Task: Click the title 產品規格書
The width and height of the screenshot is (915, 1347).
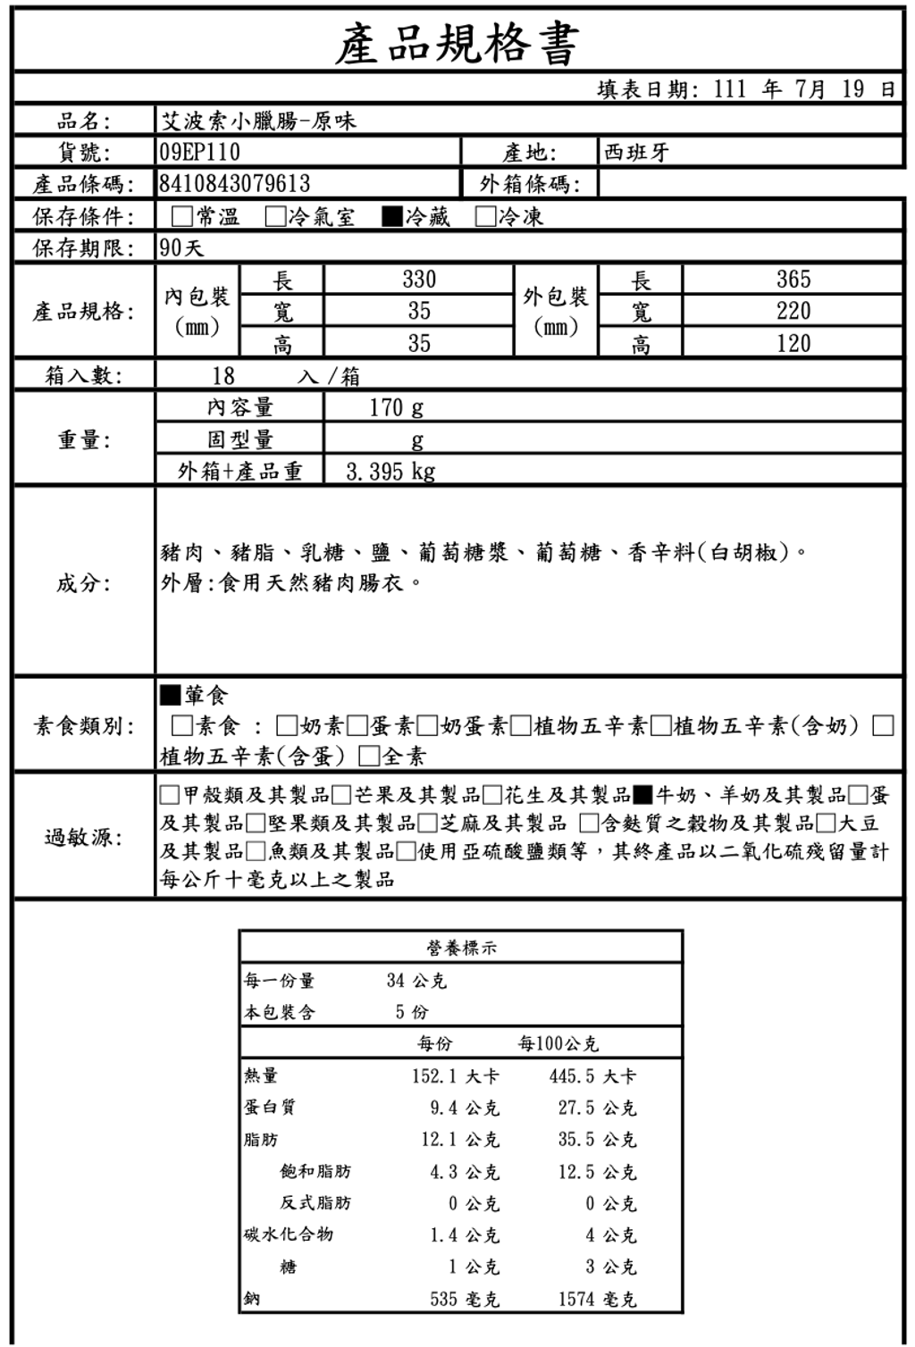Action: pos(457,42)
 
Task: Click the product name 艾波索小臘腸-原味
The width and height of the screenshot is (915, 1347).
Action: pos(258,121)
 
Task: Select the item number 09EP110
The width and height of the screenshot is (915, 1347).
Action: pos(200,152)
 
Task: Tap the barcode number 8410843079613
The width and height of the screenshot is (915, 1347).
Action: pos(235,184)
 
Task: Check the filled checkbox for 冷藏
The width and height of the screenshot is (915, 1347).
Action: pos(391,217)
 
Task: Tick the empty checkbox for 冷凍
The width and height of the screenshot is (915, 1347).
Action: pos(486,217)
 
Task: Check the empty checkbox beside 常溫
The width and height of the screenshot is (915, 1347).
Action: pos(182,217)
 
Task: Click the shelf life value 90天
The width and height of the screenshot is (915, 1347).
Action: pos(182,247)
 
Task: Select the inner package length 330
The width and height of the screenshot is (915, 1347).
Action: pos(419,280)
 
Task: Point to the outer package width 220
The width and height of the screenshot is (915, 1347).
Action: pos(793,311)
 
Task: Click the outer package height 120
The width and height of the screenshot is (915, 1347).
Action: pos(793,343)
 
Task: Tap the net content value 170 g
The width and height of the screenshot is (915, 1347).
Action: pos(397,408)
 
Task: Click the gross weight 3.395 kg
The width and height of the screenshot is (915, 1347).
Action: pos(390,472)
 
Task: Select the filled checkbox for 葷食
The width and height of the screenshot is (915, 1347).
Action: pos(170,694)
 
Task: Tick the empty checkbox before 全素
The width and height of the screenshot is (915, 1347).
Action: pos(369,757)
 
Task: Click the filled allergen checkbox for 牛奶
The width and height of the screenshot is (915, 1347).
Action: pos(643,795)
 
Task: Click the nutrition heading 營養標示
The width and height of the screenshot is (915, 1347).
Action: pos(462,949)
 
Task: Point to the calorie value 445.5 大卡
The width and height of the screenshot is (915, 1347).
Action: pos(592,1076)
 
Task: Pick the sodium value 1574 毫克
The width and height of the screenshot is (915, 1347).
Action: pos(598,1299)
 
